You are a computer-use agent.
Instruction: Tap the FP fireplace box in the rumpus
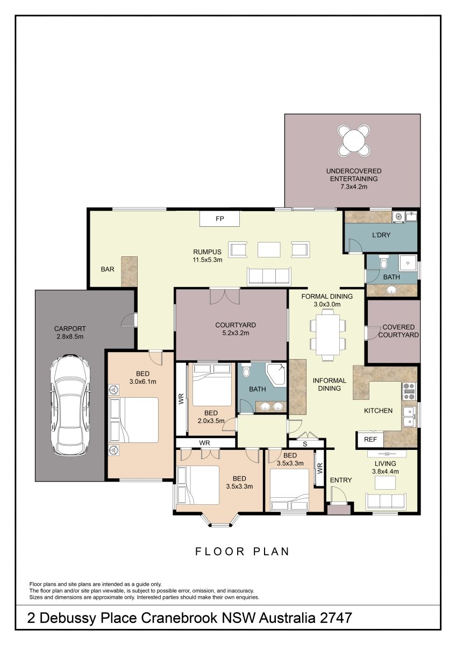click(220, 219)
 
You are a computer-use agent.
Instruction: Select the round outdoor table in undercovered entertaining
click(354, 140)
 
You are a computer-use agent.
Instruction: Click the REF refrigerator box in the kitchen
click(370, 440)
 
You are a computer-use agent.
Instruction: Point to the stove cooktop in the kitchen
click(409, 391)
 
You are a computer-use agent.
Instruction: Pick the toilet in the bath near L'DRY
click(383, 262)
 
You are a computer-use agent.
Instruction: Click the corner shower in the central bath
click(276, 374)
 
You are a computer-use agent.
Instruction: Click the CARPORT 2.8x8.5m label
click(70, 332)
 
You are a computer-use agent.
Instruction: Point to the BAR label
click(108, 269)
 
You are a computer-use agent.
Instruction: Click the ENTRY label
click(341, 480)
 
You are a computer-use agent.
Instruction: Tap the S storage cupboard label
click(305, 445)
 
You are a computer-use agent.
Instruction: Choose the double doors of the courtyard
click(225, 297)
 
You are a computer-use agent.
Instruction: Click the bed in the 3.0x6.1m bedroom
click(134, 420)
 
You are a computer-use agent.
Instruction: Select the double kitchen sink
click(409, 417)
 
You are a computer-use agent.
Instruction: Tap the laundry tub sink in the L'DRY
click(411, 216)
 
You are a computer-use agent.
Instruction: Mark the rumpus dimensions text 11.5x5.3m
click(208, 260)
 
